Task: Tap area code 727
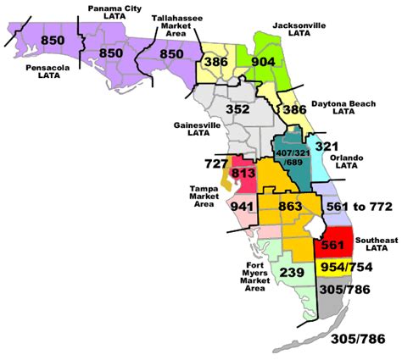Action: [x=215, y=162]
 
